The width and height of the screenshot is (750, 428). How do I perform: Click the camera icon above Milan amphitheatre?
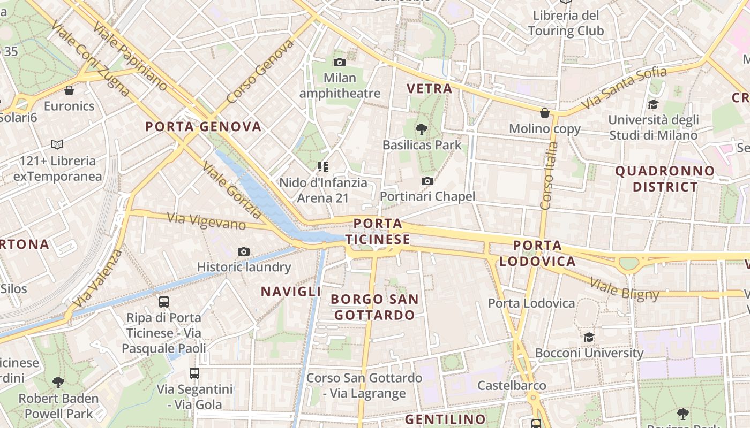pyautogui.click(x=339, y=62)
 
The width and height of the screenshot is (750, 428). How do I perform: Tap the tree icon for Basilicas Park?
pyautogui.click(x=421, y=129)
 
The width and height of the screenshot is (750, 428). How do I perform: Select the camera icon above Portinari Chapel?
pyautogui.click(x=427, y=181)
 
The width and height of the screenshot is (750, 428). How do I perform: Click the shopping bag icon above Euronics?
pyautogui.click(x=69, y=90)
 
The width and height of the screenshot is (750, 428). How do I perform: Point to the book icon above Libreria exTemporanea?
pyautogui.click(x=57, y=144)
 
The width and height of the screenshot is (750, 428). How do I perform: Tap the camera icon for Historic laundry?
pyautogui.click(x=243, y=251)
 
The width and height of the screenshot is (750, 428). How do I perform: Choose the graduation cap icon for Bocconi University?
pyautogui.click(x=589, y=337)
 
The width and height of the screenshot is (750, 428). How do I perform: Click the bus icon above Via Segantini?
pyautogui.click(x=194, y=373)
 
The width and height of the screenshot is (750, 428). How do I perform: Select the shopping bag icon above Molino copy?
pyautogui.click(x=545, y=113)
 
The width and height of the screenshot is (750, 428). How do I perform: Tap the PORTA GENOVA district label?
pyautogui.click(x=204, y=127)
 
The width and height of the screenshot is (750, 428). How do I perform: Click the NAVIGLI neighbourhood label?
pyautogui.click(x=291, y=292)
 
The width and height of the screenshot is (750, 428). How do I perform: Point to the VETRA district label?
pyautogui.click(x=430, y=89)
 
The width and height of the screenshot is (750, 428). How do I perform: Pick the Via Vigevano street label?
pyautogui.click(x=206, y=220)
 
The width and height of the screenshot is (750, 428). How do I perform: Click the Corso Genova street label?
pyautogui.click(x=260, y=71)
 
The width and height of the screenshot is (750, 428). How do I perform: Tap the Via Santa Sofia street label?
pyautogui.click(x=624, y=87)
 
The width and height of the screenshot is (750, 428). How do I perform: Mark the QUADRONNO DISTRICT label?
pyautogui.click(x=665, y=179)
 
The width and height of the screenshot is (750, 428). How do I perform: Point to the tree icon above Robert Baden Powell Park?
pyautogui.click(x=58, y=383)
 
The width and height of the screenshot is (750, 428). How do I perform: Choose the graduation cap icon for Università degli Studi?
pyautogui.click(x=653, y=104)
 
